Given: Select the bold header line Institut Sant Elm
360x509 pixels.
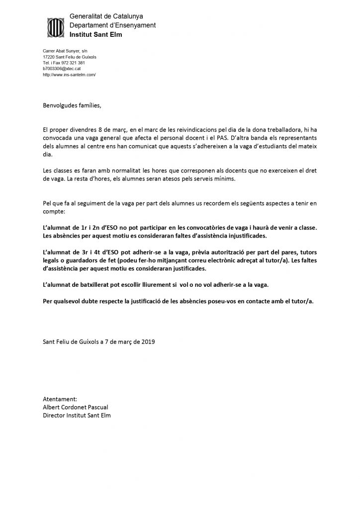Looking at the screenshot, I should pyautogui.click(x=95, y=35).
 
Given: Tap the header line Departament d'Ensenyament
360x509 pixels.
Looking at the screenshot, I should pyautogui.click(x=112, y=25).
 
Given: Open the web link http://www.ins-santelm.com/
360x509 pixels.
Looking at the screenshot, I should pyautogui.click(x=69, y=75).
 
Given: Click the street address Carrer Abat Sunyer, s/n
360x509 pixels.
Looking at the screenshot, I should pyautogui.click(x=65, y=51).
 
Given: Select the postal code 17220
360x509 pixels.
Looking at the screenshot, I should pyautogui.click(x=49, y=57).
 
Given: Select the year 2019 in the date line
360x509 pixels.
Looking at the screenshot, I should pyautogui.click(x=147, y=341).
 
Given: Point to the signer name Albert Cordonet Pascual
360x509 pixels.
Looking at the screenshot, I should pyautogui.click(x=75, y=407).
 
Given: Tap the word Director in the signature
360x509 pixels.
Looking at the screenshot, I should pyautogui.click(x=54, y=416).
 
